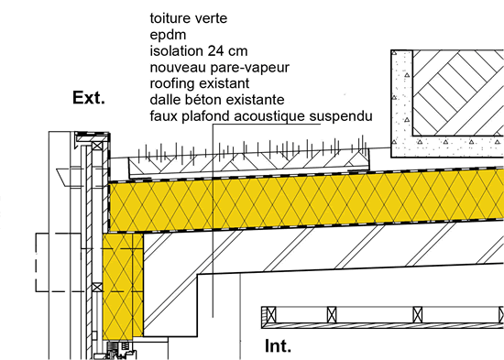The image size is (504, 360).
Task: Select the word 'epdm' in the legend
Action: point(169,35)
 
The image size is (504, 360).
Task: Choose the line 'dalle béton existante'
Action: point(218,99)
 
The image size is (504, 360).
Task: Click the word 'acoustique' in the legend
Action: point(270,116)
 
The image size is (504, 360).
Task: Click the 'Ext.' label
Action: point(88,98)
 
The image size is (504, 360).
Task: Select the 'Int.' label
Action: point(278,346)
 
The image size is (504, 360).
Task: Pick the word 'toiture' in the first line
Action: point(171,17)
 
